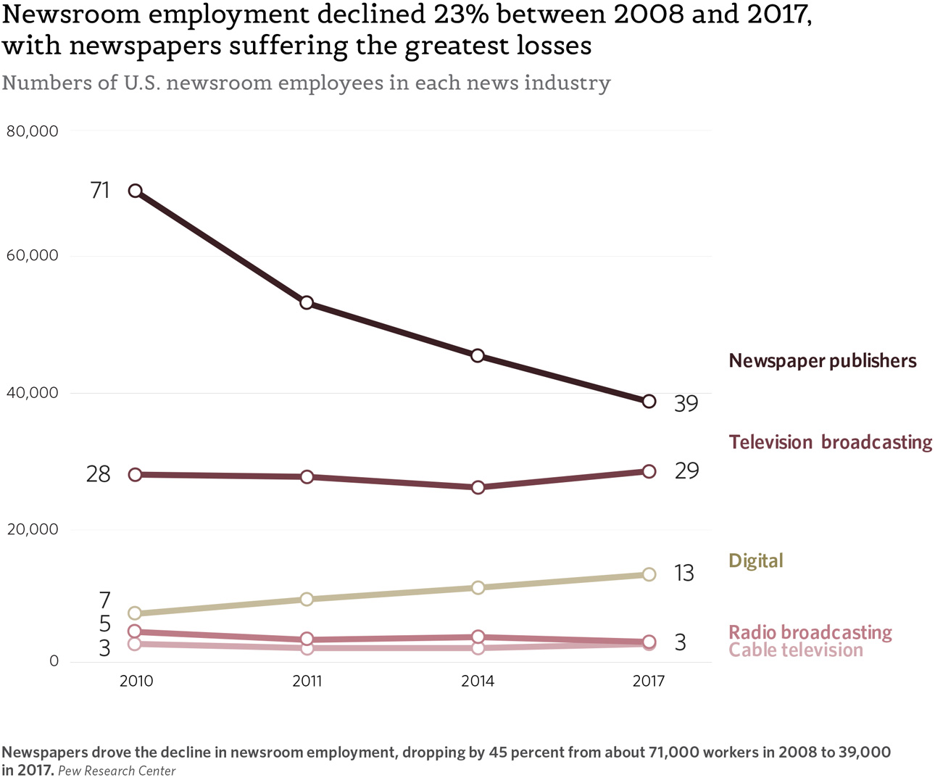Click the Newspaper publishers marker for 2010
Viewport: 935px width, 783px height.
(135, 191)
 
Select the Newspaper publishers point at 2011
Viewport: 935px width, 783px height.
(307, 302)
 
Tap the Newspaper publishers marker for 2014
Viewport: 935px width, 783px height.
(478, 355)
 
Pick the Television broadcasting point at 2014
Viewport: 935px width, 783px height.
(478, 487)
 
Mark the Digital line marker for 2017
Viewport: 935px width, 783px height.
(649, 574)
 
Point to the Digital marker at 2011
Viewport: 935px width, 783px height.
(307, 599)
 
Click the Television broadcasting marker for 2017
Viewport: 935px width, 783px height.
(649, 471)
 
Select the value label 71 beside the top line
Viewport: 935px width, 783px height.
(100, 190)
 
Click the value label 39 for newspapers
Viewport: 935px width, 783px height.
(686, 404)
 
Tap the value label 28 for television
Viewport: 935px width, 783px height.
(99, 474)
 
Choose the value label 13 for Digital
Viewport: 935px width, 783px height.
(683, 573)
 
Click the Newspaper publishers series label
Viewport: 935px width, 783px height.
(822, 361)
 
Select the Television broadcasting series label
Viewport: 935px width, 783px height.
(830, 442)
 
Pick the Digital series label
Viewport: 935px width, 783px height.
(755, 561)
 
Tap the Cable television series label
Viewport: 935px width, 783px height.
(795, 650)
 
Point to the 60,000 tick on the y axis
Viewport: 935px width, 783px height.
(32, 255)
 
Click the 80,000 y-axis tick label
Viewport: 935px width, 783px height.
(32, 131)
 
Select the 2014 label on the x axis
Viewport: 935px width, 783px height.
(478, 681)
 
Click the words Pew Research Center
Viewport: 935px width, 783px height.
(117, 771)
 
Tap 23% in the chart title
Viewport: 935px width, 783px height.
(460, 14)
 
